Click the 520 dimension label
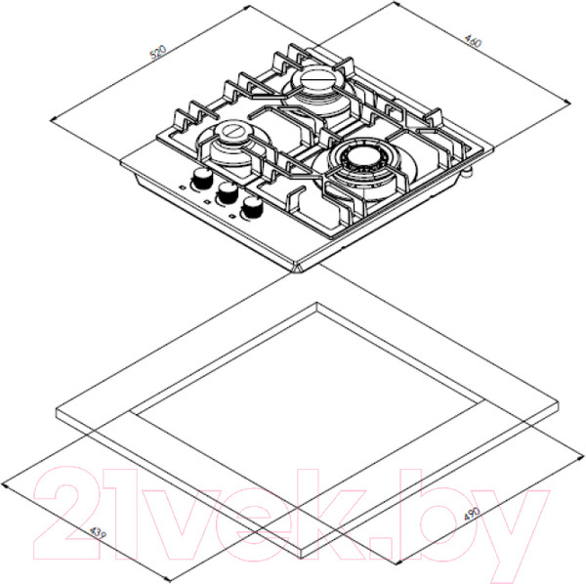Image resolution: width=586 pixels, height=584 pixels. tap(157, 53)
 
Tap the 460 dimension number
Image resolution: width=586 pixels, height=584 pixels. tap(473, 41)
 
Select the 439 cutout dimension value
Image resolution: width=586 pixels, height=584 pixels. tap(99, 533)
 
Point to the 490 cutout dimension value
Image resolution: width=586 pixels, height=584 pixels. tap(472, 514)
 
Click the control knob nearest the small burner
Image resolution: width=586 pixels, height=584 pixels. tap(202, 177)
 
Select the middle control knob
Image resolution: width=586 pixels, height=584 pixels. tap(228, 192)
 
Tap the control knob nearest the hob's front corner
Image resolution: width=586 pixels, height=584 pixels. tap(252, 207)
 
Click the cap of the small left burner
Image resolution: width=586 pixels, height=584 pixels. tap(233, 133)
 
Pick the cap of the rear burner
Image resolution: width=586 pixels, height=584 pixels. tap(315, 79)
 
